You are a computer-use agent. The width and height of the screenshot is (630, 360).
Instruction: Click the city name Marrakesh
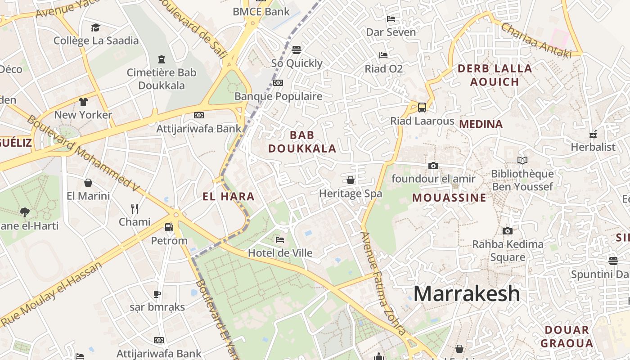click(467, 294)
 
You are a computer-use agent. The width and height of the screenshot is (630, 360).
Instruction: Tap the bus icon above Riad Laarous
click(422, 108)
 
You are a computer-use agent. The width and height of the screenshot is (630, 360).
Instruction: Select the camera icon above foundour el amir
click(433, 166)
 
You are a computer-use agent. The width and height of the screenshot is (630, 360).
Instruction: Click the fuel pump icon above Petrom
click(169, 227)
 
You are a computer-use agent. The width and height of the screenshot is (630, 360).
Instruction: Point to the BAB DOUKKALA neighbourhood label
click(302, 142)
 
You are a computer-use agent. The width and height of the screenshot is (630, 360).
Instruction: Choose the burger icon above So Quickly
click(296, 49)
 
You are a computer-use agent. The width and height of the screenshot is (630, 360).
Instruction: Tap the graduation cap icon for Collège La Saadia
click(95, 28)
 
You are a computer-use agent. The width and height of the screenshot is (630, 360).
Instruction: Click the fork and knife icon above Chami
click(134, 208)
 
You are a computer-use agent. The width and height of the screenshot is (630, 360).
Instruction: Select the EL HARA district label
click(229, 197)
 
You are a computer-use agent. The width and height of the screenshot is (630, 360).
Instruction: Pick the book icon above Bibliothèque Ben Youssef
click(522, 160)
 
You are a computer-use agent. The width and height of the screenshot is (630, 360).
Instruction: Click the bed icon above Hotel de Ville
click(280, 240)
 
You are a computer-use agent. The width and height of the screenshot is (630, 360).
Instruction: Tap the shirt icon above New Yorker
click(83, 102)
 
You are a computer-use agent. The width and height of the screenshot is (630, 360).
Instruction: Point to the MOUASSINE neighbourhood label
click(449, 198)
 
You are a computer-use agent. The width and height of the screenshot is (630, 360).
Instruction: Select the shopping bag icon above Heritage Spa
click(351, 180)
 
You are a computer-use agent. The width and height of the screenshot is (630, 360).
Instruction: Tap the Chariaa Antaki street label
click(535, 40)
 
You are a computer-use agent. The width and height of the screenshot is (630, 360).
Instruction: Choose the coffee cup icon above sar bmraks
click(157, 294)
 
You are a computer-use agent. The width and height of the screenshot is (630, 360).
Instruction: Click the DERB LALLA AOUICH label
click(495, 75)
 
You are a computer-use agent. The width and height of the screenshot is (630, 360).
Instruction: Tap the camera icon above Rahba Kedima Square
click(508, 231)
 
